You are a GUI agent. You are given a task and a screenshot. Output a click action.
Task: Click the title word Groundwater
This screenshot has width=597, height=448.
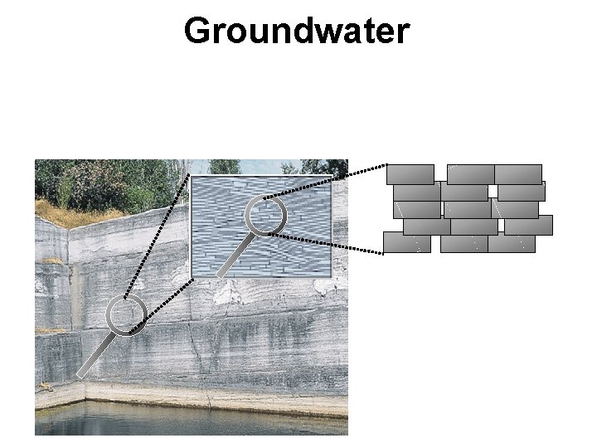[297, 31]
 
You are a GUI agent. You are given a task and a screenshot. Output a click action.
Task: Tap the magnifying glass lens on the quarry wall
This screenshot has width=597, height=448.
[128, 315]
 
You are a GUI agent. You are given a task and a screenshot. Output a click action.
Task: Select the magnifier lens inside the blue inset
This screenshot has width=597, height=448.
[266, 216]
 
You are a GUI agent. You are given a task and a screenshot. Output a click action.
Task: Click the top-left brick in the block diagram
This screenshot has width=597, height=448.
[410, 174]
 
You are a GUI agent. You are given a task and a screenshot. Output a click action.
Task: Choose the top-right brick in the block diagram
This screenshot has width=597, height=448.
[518, 174]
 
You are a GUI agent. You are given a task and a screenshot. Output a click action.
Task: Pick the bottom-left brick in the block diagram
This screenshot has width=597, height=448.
[406, 242]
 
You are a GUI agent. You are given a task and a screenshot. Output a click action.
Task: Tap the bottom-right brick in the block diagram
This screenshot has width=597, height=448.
[512, 242]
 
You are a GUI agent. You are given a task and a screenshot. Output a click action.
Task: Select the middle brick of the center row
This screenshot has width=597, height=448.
[467, 209]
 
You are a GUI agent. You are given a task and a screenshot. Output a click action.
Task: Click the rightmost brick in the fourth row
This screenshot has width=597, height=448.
[528, 226]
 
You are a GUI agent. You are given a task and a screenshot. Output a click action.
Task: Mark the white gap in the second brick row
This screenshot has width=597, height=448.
[493, 192]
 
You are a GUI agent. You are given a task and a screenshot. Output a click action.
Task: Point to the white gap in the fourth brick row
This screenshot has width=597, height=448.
[501, 226]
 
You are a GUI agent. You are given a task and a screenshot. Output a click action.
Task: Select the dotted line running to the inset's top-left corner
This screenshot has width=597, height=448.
[158, 236]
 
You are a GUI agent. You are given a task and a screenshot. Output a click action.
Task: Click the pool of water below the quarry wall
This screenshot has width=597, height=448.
[191, 419]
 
